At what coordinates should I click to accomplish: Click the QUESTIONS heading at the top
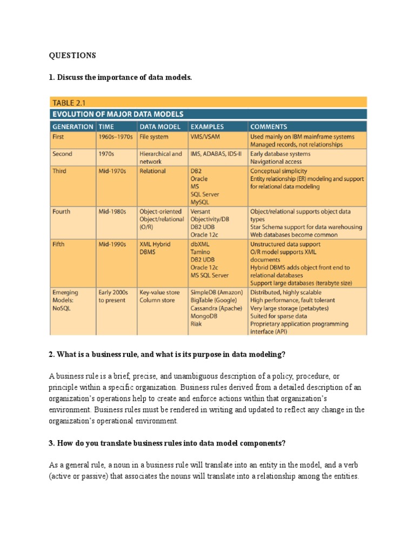pyautogui.click(x=72, y=55)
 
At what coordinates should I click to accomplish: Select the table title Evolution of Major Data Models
pyautogui.click(x=117, y=114)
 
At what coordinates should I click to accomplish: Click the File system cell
pyautogui.click(x=153, y=137)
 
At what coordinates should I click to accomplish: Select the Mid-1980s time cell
pyautogui.click(x=112, y=212)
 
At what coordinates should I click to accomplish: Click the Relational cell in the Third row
pyautogui.click(x=152, y=171)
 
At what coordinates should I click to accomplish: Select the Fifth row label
pyautogui.click(x=58, y=244)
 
